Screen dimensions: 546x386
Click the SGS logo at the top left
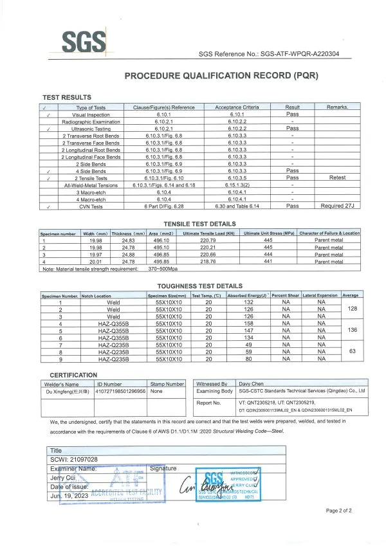pyautogui.click(x=83, y=42)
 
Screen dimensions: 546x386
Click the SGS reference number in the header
pyautogui.click(x=270, y=55)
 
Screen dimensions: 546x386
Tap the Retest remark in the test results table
pyautogui.click(x=337, y=177)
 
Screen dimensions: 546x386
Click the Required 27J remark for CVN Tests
pyautogui.click(x=337, y=206)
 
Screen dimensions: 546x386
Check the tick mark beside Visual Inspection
pyautogui.click(x=49, y=114)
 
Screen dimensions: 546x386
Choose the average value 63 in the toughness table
pyautogui.click(x=351, y=352)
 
